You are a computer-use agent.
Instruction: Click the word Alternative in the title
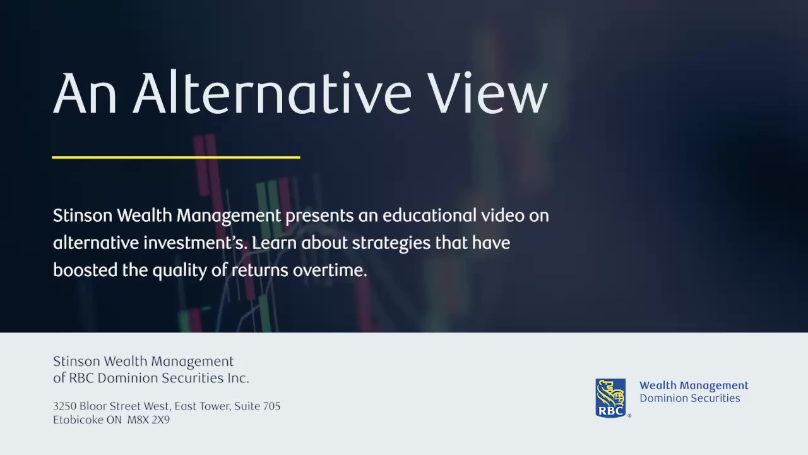tap(273, 92)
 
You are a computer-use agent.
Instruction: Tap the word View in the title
tap(489, 92)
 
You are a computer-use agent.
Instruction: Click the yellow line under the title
tap(176, 157)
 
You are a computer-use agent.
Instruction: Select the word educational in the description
tap(429, 215)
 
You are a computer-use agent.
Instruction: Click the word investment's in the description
tap(195, 243)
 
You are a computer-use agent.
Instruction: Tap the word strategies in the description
tap(391, 243)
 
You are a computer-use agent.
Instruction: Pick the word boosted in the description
tap(85, 270)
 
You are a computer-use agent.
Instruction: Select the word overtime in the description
tap(330, 270)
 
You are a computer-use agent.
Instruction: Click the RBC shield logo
tap(610, 398)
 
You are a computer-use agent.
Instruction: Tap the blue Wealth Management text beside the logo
tap(694, 385)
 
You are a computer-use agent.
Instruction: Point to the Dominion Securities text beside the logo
tap(690, 398)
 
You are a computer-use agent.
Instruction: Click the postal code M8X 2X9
tap(148, 420)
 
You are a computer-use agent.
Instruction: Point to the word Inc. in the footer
tap(238, 378)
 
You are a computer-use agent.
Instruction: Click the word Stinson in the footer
tap(76, 361)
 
